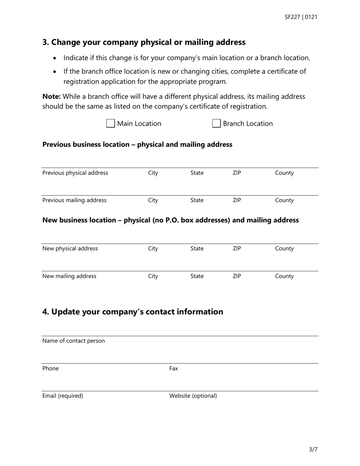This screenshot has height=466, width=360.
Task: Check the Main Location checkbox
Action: point(110,124)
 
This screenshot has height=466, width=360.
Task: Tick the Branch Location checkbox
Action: point(216,124)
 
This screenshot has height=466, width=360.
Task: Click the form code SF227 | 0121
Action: point(301,17)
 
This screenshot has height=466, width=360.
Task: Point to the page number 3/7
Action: point(313,450)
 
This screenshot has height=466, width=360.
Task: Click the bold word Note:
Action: point(52,97)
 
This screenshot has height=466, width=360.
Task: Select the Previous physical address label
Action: point(75,173)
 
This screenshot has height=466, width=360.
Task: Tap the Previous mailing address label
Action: point(74,200)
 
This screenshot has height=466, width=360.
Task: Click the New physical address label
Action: point(70,249)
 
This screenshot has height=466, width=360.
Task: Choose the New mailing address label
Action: point(69,276)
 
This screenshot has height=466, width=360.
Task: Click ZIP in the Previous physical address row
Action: point(236,173)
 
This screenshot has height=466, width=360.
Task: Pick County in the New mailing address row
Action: point(284,276)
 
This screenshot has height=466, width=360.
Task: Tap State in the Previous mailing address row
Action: point(197,200)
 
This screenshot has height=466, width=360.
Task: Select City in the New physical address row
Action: point(153,249)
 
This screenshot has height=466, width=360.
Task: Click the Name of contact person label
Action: point(74,341)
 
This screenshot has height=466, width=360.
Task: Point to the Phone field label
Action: point(50,369)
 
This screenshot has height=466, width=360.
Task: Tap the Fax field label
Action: point(174,369)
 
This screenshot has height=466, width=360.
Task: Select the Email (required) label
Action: point(63,396)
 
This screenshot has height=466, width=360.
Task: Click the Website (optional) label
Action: point(193,396)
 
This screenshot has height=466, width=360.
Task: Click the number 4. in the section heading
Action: point(46,312)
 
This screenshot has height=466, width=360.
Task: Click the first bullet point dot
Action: point(55,58)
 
